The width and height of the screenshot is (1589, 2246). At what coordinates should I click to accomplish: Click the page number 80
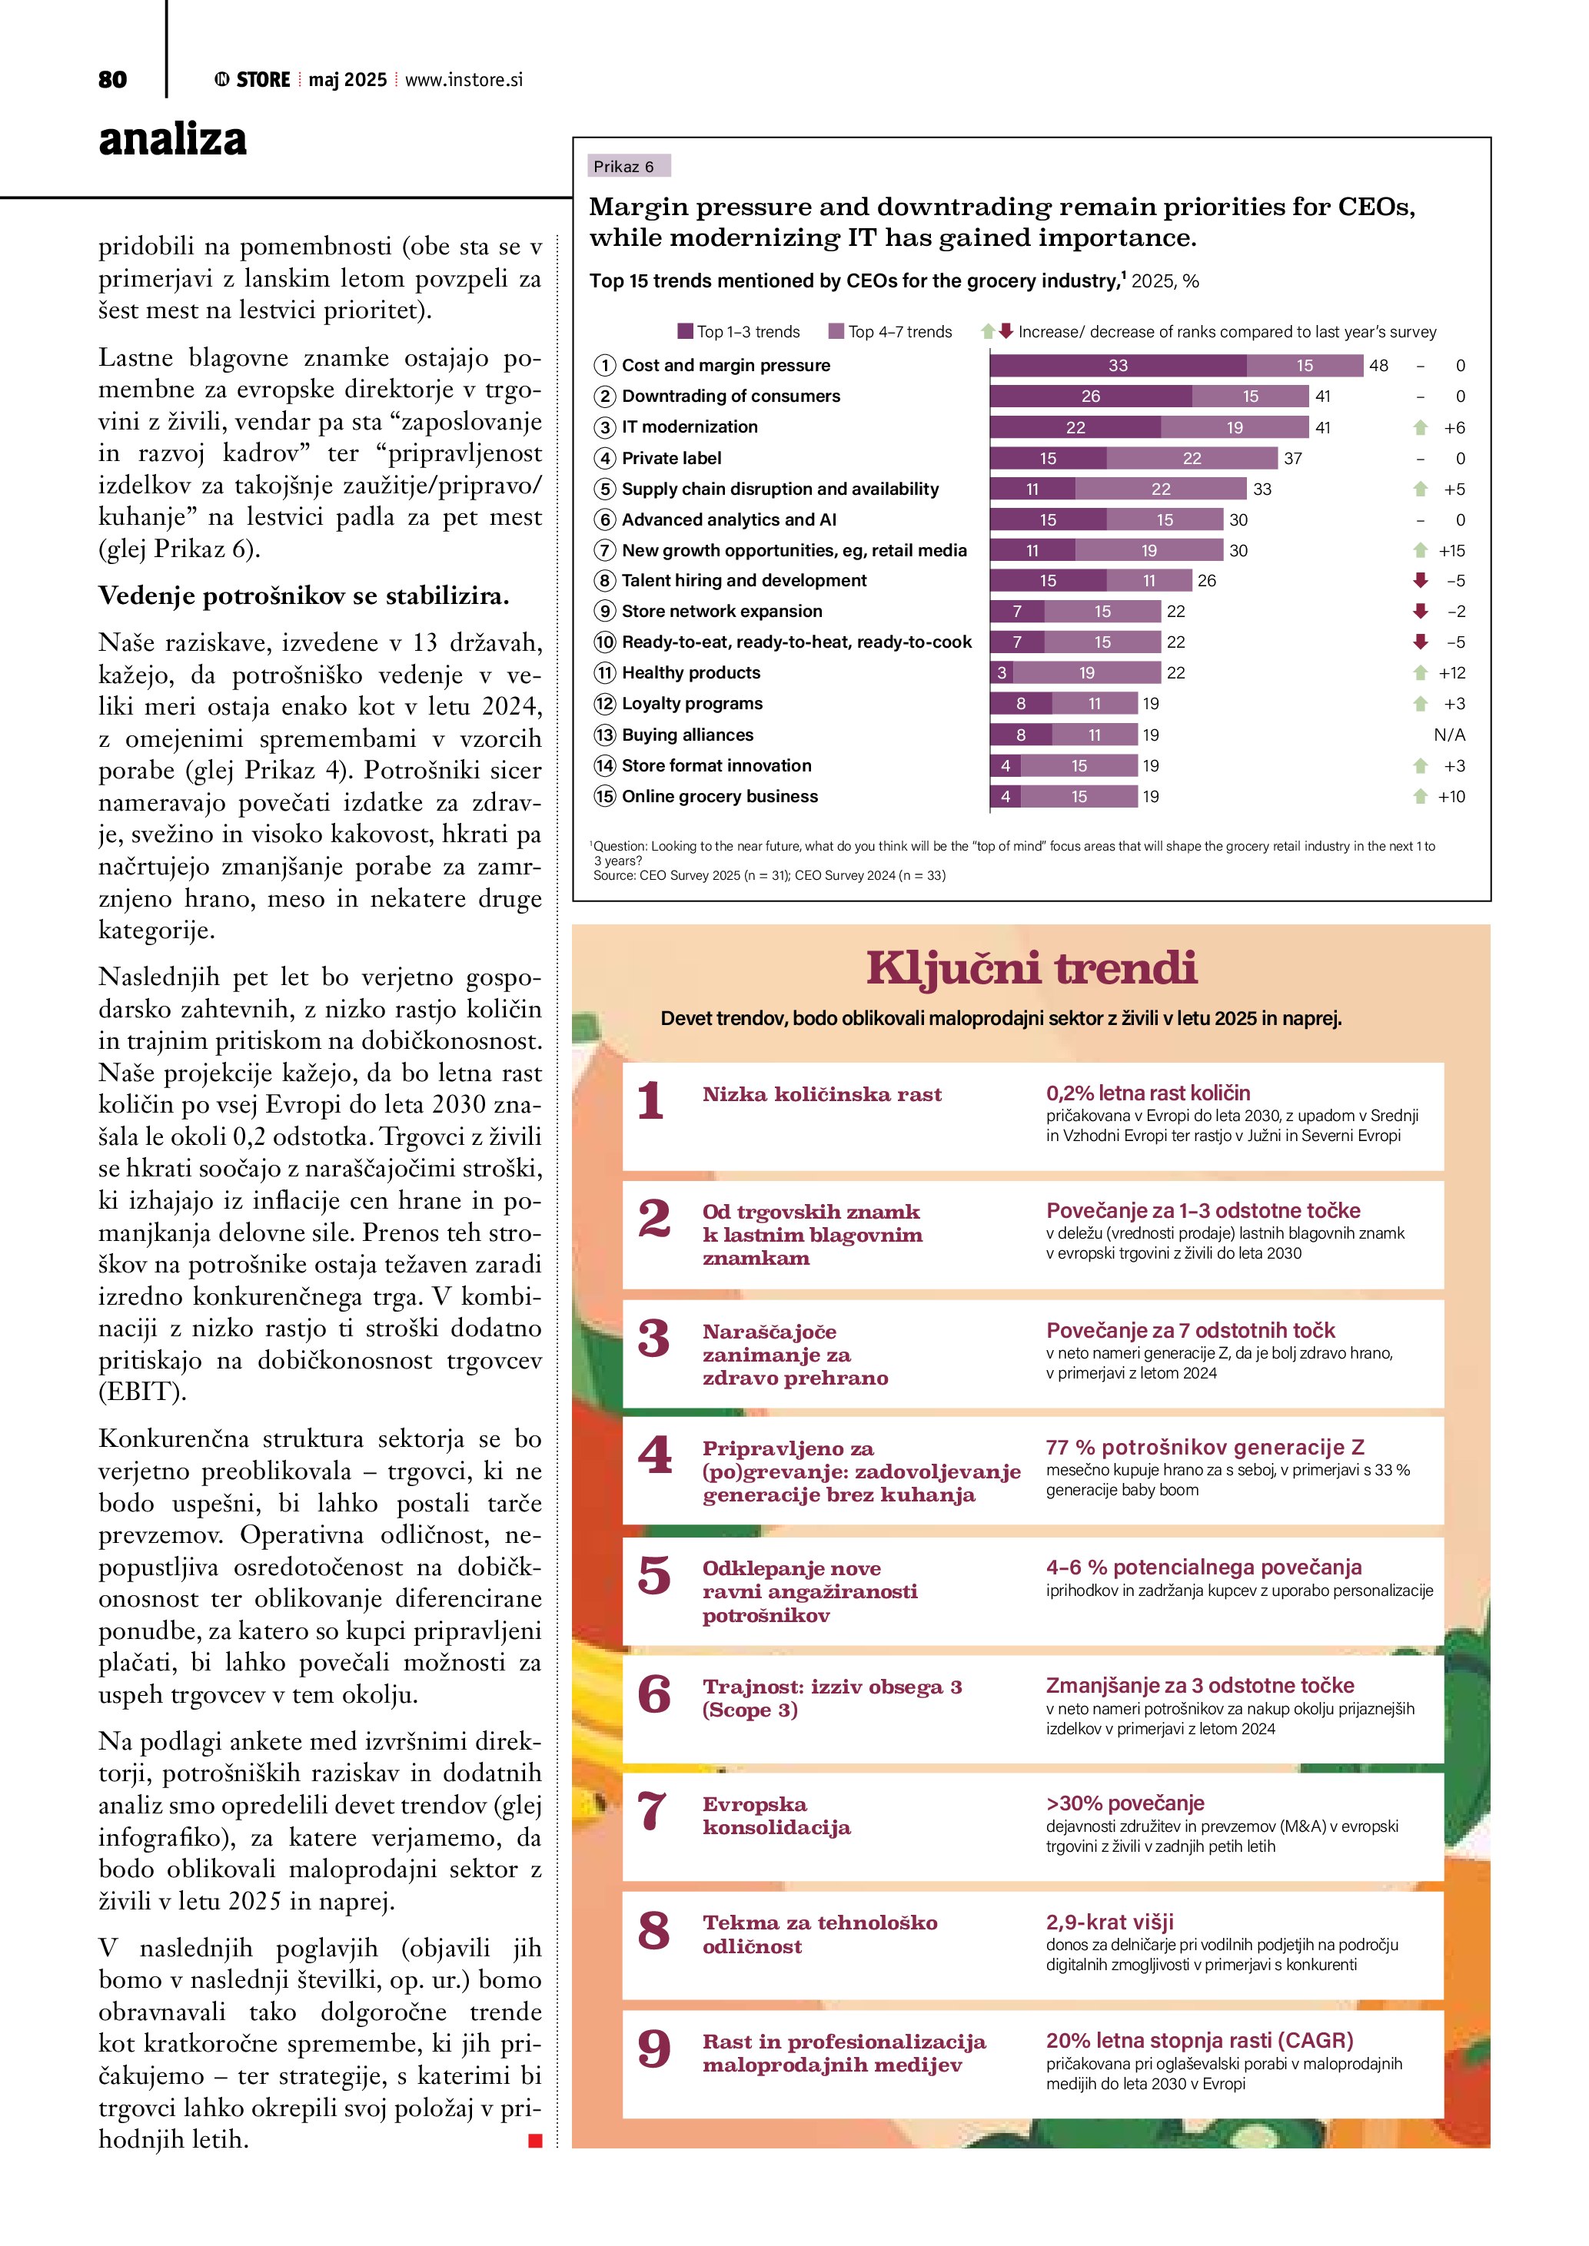tap(112, 80)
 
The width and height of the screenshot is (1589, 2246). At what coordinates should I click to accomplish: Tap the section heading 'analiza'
tap(172, 139)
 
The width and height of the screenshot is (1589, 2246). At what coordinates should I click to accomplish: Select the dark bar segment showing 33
tap(1118, 366)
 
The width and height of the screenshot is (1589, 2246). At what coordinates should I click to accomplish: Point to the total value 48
tap(1378, 366)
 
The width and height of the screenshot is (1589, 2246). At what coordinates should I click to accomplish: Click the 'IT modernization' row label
tap(689, 427)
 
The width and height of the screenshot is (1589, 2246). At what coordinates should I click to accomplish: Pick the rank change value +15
tap(1451, 551)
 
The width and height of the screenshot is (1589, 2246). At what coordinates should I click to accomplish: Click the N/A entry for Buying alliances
tap(1449, 735)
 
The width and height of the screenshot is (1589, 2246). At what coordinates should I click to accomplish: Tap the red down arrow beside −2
tap(1420, 612)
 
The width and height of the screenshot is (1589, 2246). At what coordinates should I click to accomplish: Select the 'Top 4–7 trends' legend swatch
tap(836, 332)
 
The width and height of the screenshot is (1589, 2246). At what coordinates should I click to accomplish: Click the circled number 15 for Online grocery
tap(605, 796)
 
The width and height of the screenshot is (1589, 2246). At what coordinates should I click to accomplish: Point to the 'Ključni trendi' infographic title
tap(1032, 968)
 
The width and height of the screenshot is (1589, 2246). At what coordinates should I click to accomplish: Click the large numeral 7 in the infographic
tap(653, 1812)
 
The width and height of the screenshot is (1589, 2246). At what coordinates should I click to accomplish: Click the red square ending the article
tap(535, 2141)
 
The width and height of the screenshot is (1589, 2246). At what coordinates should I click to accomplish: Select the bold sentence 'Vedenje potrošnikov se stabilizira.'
tap(304, 596)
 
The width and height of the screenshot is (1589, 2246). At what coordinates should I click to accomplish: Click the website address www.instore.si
tap(464, 80)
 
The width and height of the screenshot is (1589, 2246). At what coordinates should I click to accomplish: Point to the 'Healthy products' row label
tap(691, 673)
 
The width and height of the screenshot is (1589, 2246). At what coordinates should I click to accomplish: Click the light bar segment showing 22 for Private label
tap(1191, 459)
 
